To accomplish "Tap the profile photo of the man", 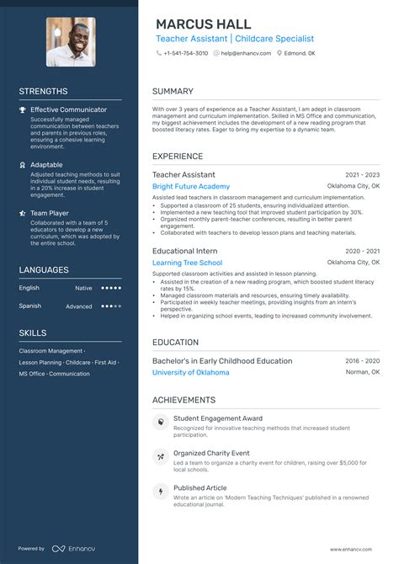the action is (71, 42).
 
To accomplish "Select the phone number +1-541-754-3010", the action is (186, 53).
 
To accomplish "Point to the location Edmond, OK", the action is (299, 53).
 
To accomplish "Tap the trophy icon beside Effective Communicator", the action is (23, 109).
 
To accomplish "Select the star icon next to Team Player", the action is (23, 214).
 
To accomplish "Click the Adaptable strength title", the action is (46, 165).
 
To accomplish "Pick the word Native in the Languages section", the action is (83, 288).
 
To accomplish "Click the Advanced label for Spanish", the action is (79, 306).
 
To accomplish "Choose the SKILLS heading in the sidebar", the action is (34, 333).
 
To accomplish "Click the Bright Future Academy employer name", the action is (191, 186).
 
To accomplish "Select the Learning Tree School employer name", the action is (187, 263).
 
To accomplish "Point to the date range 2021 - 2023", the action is (362, 174).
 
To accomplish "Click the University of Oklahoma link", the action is (190, 372).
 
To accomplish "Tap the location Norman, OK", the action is (363, 372).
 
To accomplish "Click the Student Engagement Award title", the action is (218, 418).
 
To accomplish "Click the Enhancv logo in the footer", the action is (72, 549).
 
